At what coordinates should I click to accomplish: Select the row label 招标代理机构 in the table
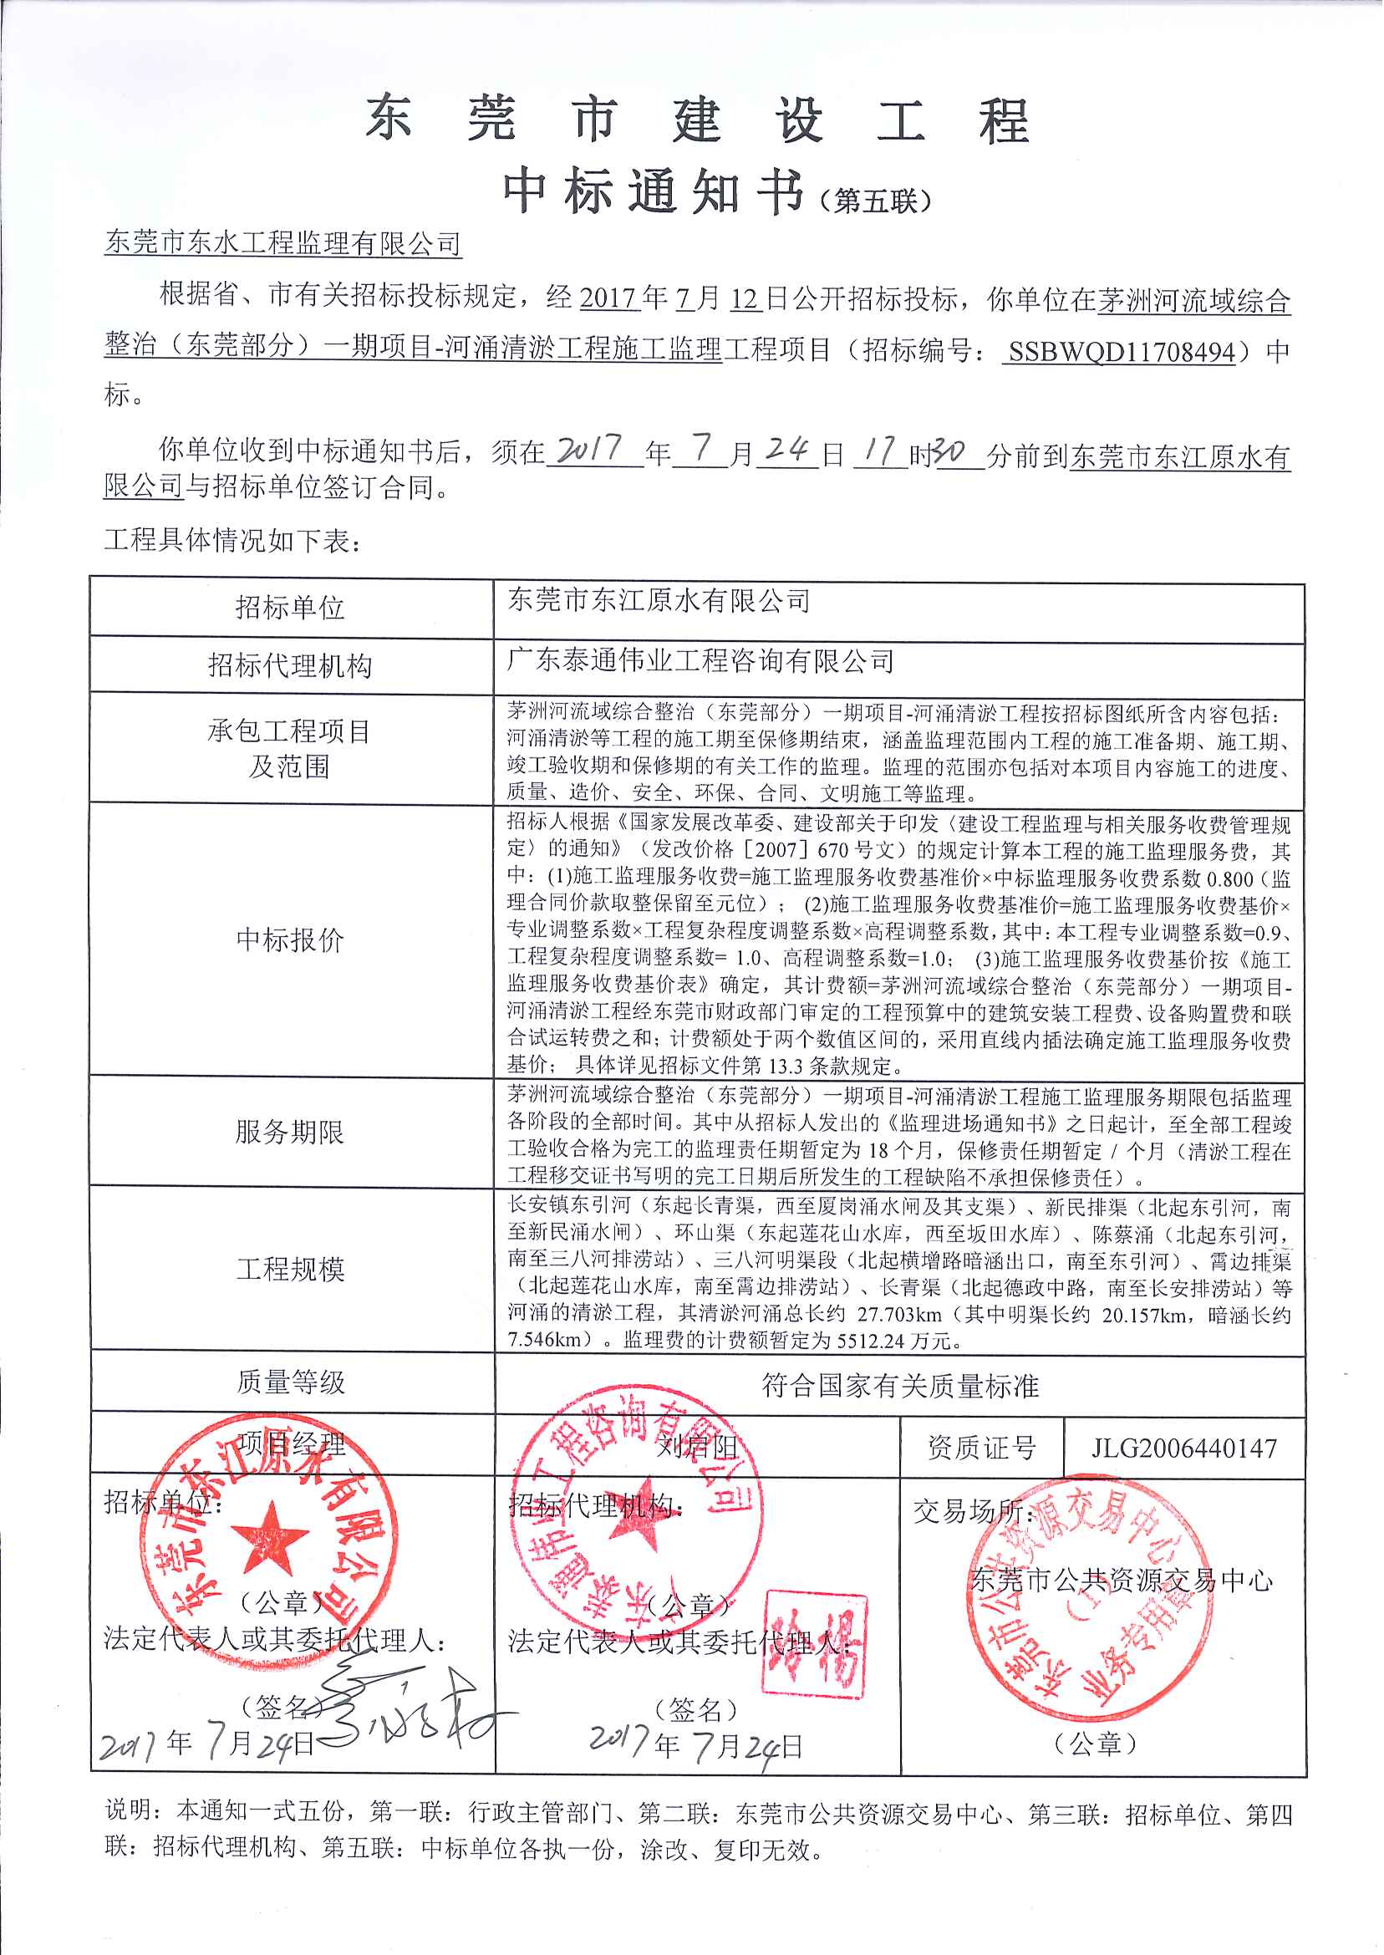(x=290, y=664)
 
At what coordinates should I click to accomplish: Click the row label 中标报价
(x=290, y=940)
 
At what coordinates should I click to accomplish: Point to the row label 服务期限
(x=290, y=1132)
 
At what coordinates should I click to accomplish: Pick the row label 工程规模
(x=290, y=1269)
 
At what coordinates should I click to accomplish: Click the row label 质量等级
(x=290, y=1382)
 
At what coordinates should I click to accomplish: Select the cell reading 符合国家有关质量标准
(x=899, y=1386)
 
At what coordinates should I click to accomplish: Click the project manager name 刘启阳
(x=696, y=1446)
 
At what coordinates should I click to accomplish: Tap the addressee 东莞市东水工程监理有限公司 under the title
(x=282, y=243)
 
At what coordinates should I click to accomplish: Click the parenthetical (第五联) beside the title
(x=874, y=201)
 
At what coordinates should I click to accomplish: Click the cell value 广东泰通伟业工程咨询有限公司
(x=700, y=660)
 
